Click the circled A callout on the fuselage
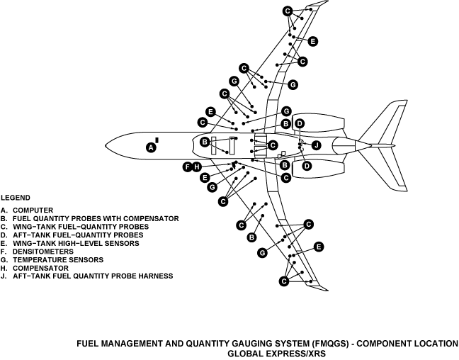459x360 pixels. click(x=150, y=147)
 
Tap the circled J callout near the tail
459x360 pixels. click(x=317, y=145)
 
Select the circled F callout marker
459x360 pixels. click(x=188, y=167)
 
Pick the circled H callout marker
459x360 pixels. click(x=198, y=167)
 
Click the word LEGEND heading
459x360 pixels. click(x=15, y=196)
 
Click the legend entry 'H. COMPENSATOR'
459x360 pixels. click(x=35, y=268)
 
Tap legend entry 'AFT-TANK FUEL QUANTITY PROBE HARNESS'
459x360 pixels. click(x=86, y=276)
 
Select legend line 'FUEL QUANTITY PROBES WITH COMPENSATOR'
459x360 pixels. click(x=89, y=218)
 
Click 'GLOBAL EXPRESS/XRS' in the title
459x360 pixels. click(x=276, y=353)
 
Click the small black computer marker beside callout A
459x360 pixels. click(x=157, y=140)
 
